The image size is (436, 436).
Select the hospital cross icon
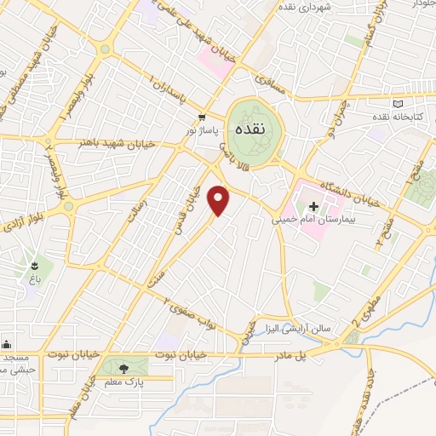pyautogui.click(x=313, y=206)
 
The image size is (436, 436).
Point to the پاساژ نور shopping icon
pyautogui.click(x=202, y=118)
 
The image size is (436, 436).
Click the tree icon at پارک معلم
pyautogui.click(x=125, y=368)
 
